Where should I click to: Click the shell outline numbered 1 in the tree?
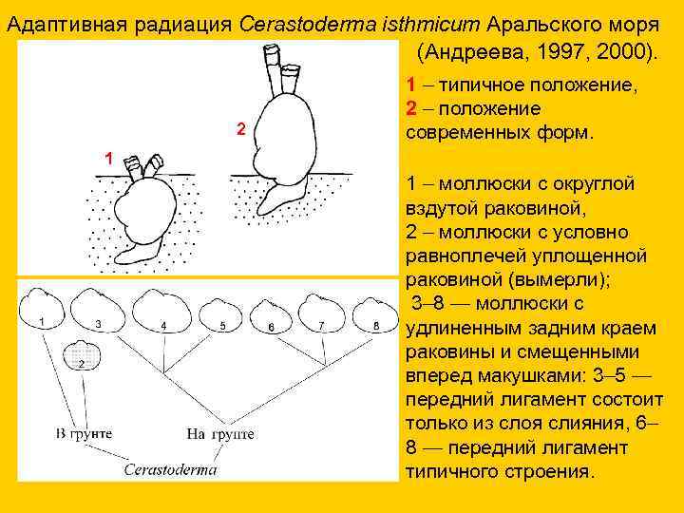(x=45, y=308)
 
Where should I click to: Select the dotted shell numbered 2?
(x=81, y=353)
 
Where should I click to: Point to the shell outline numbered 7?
(x=320, y=310)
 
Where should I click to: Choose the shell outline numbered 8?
(x=372, y=310)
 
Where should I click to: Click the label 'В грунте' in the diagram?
(x=84, y=434)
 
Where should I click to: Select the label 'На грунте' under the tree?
(x=220, y=434)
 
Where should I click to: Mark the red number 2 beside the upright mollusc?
(x=240, y=128)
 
